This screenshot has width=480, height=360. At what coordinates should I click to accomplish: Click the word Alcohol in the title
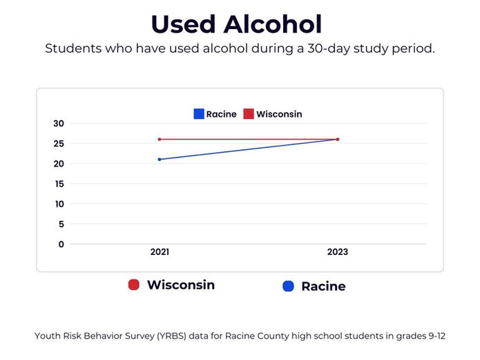point(272,24)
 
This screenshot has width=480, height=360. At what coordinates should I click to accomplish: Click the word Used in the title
point(182,24)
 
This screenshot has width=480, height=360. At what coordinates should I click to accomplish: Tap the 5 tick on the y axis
point(61,224)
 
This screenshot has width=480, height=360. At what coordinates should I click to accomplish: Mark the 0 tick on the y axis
point(61,244)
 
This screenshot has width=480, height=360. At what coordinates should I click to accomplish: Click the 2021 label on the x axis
point(160,252)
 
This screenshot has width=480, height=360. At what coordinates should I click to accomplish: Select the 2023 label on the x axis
point(338,252)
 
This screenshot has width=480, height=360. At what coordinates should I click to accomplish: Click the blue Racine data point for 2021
point(160,160)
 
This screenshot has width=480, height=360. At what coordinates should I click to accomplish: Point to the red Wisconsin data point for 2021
point(160,140)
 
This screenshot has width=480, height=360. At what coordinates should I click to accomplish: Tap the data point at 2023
point(338,140)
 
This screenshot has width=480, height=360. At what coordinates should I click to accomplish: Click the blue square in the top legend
point(199,114)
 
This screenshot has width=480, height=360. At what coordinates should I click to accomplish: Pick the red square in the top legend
point(249,114)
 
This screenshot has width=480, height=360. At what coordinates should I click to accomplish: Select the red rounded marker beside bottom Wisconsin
point(135,285)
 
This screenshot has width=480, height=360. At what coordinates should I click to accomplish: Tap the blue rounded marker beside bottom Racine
point(289,286)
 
